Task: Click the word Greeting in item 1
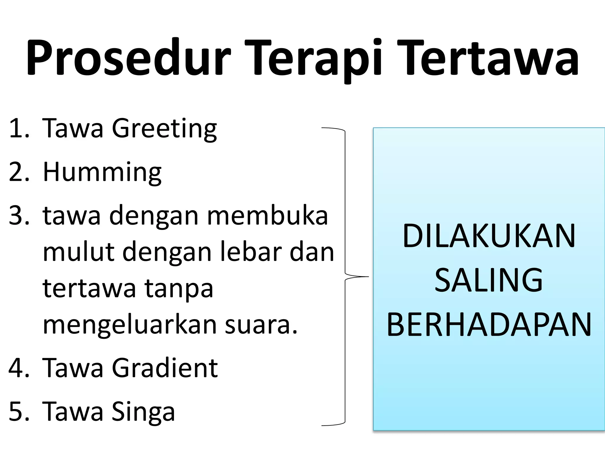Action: pyautogui.click(x=164, y=129)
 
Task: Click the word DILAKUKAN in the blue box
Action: pyautogui.click(x=489, y=236)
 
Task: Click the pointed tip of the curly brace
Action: pyautogui.click(x=368, y=277)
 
